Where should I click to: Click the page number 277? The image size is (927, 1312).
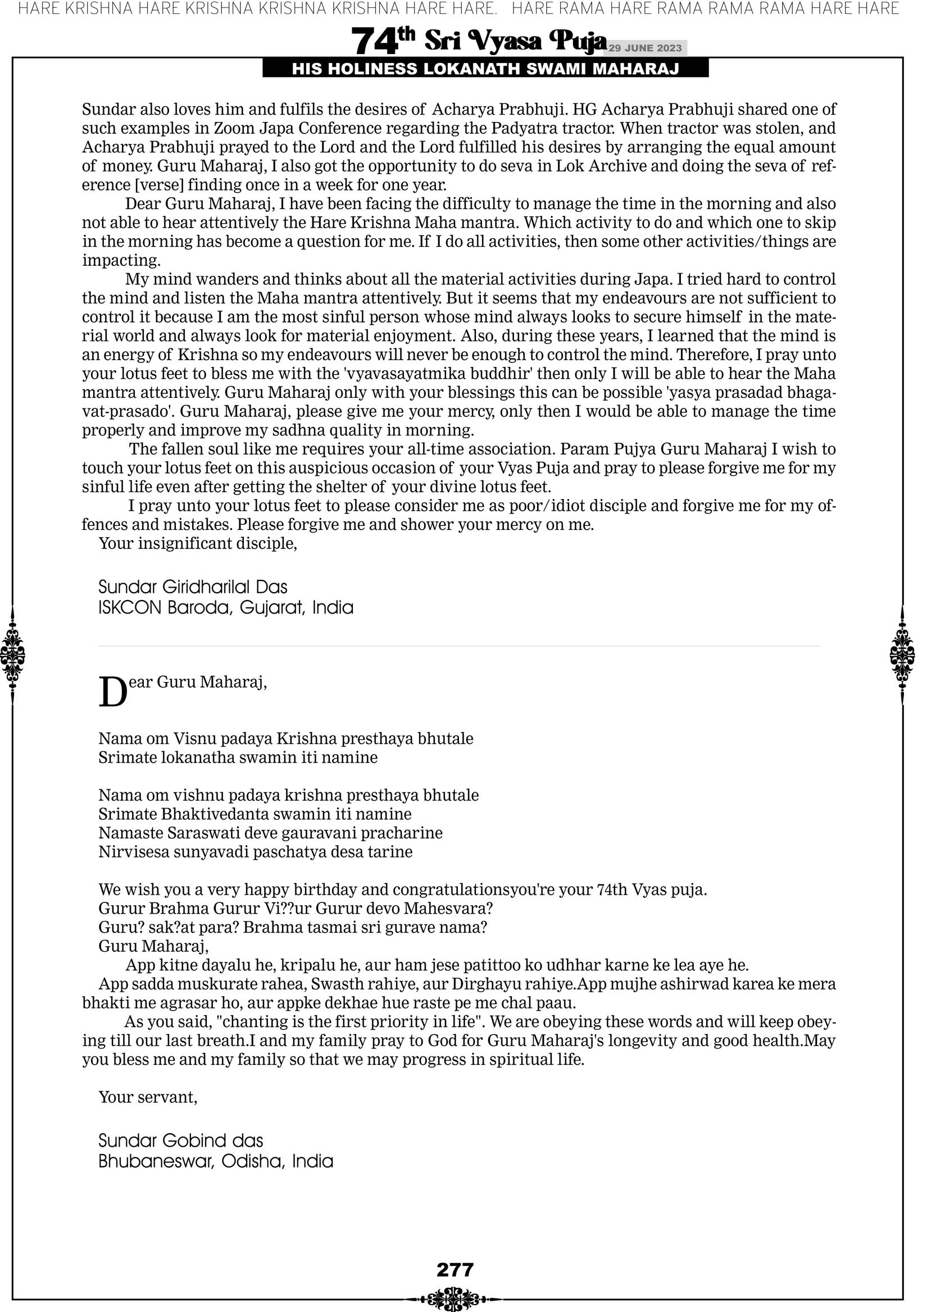455,1270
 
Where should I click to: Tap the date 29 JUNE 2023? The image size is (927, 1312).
644,48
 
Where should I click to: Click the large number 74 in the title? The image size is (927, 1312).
374,42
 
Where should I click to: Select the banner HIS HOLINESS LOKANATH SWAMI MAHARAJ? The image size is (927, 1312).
485,69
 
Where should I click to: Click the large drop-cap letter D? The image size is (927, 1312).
112,693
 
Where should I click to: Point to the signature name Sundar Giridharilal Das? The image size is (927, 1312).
193,587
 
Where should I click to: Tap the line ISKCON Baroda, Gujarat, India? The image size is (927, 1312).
226,607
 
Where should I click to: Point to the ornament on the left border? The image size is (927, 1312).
12,655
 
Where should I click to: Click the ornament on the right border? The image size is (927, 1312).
902,655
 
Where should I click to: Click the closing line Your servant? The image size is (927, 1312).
148,1097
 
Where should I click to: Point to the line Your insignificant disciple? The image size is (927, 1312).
198,543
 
